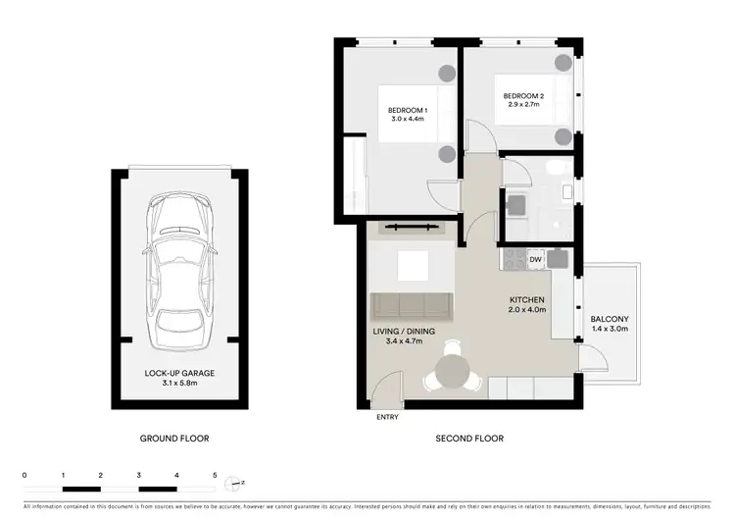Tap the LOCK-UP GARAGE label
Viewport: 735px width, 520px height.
[179, 374]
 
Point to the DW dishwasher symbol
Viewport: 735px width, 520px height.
[535, 259]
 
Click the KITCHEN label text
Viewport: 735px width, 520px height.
[526, 299]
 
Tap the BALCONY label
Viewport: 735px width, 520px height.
[609, 320]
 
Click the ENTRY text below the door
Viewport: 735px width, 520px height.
[388, 418]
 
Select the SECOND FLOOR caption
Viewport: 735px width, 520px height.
[469, 439]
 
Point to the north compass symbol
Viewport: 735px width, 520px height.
[232, 483]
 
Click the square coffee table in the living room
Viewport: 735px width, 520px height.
[412, 266]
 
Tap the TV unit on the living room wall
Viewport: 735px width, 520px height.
[411, 228]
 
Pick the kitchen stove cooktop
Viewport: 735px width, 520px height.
[513, 259]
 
